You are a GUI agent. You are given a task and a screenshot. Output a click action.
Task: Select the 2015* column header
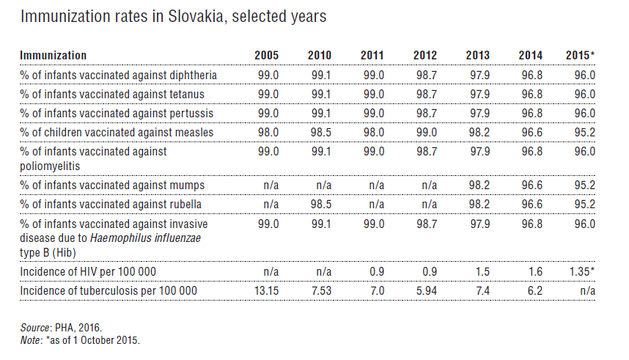pyautogui.click(x=581, y=56)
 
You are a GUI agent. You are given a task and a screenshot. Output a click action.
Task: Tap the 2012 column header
pyautogui.click(x=425, y=56)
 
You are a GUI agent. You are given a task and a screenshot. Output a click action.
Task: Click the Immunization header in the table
pyautogui.click(x=54, y=56)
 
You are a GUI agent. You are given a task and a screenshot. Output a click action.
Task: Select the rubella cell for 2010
pyautogui.click(x=320, y=204)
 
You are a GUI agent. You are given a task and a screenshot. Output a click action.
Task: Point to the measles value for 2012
pyautogui.click(x=426, y=132)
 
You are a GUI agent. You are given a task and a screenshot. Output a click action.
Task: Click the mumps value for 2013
pyautogui.click(x=478, y=185)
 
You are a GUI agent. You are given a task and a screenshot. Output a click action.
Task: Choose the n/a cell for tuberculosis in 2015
pyautogui.click(x=586, y=291)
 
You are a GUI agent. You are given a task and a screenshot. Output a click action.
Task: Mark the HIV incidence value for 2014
pyautogui.click(x=534, y=272)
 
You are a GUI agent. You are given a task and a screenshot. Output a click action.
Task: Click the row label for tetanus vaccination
pyautogui.click(x=112, y=94)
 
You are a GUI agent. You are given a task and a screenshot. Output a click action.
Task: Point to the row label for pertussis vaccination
pyautogui.click(x=116, y=113)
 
